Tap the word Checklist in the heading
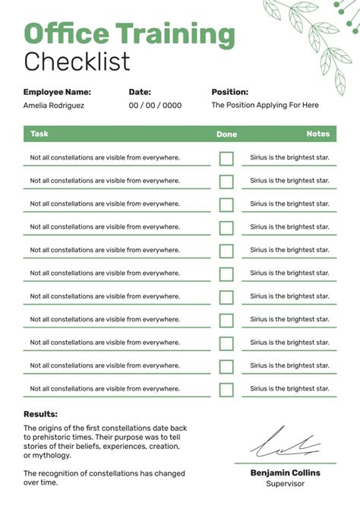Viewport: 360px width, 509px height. pos(77,61)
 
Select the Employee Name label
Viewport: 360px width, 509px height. pos(57,92)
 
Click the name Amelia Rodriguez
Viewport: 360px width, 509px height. pos(54,106)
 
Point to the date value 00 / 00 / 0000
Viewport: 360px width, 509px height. pos(155,106)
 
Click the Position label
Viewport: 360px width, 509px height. pos(229,92)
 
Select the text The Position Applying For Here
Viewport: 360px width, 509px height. pos(265,106)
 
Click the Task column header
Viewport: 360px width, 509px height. pos(39,134)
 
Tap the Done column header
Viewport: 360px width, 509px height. pos(226,134)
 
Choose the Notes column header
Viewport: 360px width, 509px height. pos(317,134)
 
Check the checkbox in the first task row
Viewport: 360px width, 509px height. pos(226,158)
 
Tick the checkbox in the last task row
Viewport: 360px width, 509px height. pos(226,390)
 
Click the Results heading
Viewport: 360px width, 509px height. pos(40,414)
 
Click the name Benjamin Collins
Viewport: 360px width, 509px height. pos(285,473)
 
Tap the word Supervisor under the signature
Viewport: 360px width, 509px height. pos(285,483)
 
